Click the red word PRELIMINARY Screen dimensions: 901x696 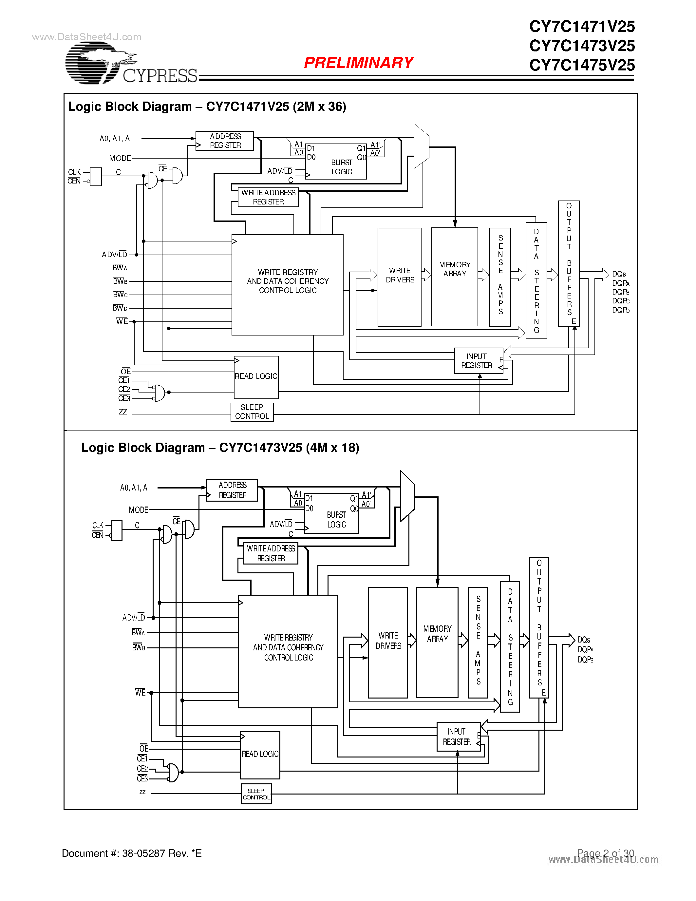[x=358, y=63]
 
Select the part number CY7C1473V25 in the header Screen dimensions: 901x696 [x=581, y=46]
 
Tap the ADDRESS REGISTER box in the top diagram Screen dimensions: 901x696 [x=225, y=141]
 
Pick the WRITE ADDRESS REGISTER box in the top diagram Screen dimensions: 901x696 [x=268, y=197]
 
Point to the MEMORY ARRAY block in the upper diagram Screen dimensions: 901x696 [x=454, y=277]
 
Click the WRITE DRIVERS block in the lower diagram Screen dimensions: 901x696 [x=387, y=642]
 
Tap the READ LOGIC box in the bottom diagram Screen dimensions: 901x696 [x=260, y=755]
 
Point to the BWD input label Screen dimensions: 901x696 [x=120, y=308]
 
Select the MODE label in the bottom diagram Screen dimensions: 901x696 [x=138, y=510]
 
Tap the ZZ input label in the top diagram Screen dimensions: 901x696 [x=123, y=412]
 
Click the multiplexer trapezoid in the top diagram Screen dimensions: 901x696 [x=421, y=146]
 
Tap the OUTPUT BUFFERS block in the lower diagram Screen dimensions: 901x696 [x=539, y=627]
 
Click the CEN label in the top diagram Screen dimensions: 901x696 [x=74, y=181]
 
